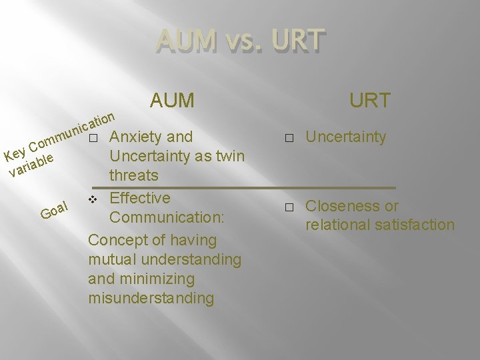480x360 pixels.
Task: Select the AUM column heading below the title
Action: coord(173,101)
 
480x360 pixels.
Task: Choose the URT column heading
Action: coord(370,101)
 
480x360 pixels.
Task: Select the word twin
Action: coord(229,157)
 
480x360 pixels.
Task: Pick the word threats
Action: coord(134,176)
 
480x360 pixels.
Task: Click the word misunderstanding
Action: coord(151,298)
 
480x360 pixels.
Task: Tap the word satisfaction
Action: coord(414,225)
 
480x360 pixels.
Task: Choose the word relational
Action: coord(337,225)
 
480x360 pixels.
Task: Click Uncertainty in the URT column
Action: coord(345,137)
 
